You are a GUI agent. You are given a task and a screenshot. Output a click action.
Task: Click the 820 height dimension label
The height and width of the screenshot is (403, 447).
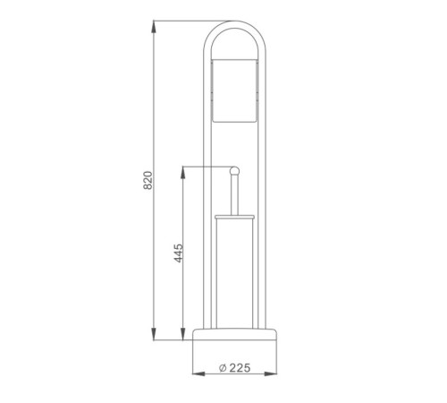[x=148, y=180]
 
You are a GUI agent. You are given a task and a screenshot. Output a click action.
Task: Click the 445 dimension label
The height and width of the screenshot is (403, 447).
[x=179, y=253]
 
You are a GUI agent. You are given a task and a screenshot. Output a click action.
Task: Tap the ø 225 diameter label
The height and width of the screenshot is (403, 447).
[x=234, y=368]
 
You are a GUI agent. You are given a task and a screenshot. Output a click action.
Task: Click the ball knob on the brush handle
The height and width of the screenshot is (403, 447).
[x=234, y=171]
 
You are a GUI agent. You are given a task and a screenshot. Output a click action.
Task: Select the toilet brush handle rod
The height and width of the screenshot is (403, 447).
[x=234, y=194]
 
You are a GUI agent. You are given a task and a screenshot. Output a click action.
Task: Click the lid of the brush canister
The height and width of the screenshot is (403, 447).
[x=234, y=217]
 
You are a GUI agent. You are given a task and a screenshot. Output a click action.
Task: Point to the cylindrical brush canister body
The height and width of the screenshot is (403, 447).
[x=234, y=273]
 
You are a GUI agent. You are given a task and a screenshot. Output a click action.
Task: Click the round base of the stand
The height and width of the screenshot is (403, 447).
[x=235, y=334]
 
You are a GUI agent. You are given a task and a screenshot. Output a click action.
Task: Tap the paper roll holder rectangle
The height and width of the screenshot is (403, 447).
[x=234, y=90]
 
